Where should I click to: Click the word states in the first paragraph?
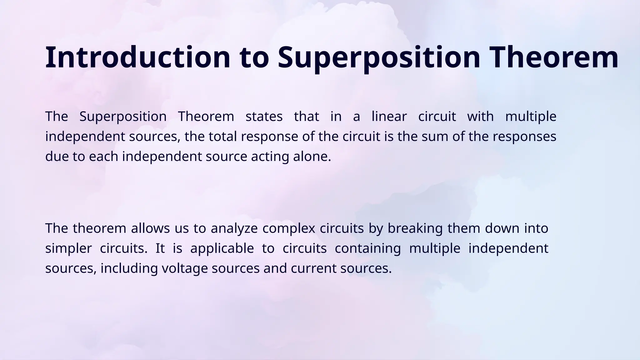pos(264,117)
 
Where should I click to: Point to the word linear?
pos(389,117)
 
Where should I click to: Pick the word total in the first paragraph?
pos(223,137)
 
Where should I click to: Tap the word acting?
pos(270,157)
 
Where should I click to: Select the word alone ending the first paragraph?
pos(312,157)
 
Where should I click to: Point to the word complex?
pos(289,228)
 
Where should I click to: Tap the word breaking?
pos(415,228)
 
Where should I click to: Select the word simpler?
pos(68,248)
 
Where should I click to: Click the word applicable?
pos(222,248)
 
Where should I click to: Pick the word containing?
pos(367,248)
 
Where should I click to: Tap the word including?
pos(129,268)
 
